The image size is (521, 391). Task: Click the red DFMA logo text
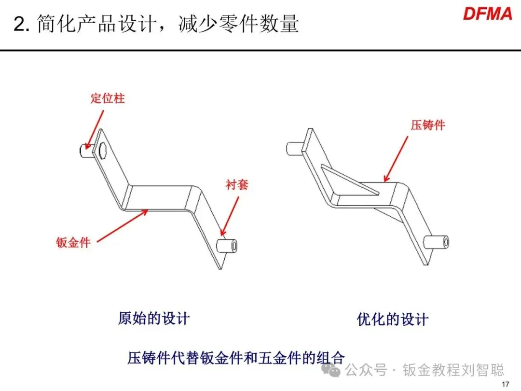coord(487,14)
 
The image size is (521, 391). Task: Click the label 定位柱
coord(108,98)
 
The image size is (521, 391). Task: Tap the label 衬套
coord(236,184)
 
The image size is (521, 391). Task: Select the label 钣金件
coord(73,242)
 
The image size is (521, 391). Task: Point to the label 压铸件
coord(428,125)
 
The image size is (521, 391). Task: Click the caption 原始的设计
coord(154,319)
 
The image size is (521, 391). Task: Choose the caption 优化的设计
coord(393,319)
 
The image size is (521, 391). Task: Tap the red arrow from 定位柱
coord(95,128)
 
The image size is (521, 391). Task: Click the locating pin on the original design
coord(83,151)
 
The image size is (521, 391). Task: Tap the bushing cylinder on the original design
coord(227,246)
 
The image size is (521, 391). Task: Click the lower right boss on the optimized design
coord(437,242)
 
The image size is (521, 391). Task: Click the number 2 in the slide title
coord(19,24)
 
